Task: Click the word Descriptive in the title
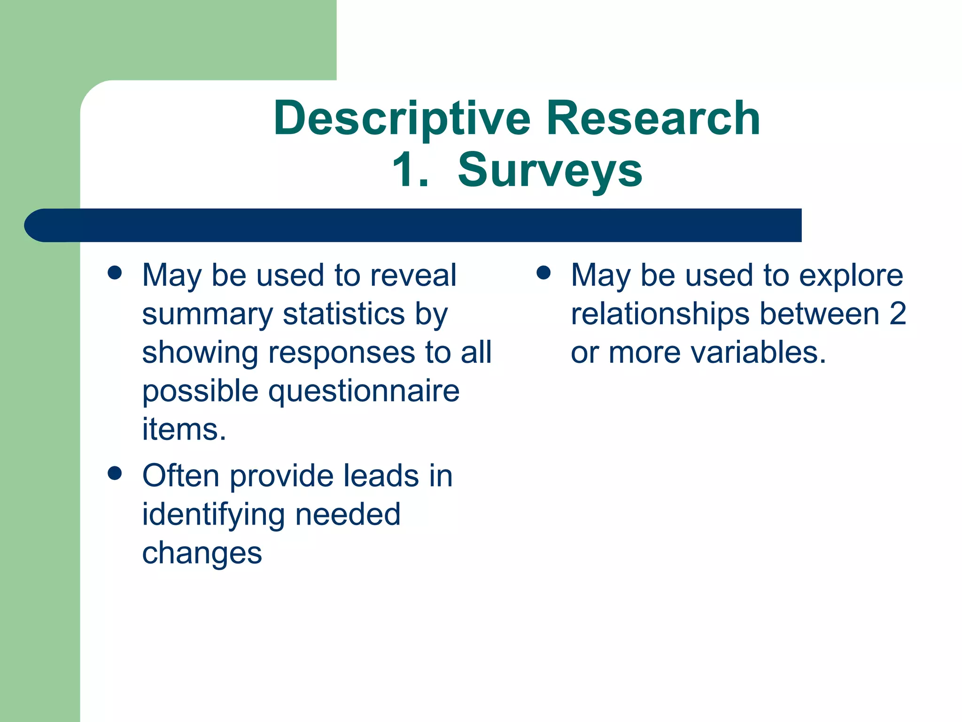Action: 402,119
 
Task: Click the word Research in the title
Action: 653,118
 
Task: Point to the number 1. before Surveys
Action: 411,170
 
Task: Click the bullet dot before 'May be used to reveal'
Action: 115,273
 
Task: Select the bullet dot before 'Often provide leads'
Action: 115,473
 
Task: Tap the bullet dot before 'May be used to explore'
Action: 543,273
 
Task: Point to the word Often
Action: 181,476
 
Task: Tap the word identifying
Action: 213,515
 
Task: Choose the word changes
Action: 202,554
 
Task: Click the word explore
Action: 851,276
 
